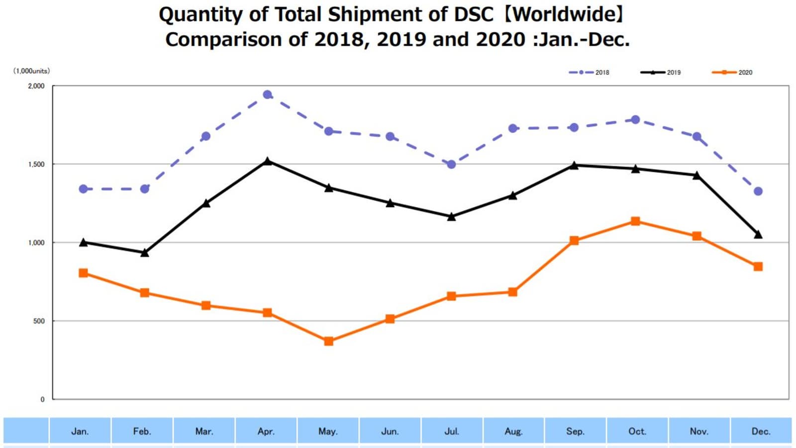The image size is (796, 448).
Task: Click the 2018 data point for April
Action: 267,95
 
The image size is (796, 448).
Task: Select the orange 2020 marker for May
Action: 328,341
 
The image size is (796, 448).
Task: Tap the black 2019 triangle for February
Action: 145,253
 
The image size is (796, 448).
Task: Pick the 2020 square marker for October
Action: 635,221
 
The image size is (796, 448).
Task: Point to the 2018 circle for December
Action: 758,191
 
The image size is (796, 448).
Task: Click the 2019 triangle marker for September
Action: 574,165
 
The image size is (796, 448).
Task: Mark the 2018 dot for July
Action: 451,164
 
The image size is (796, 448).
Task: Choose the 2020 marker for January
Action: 84,273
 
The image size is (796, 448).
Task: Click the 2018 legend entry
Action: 590,72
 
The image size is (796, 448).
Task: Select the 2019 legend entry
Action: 661,72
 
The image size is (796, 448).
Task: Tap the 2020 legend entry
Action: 732,72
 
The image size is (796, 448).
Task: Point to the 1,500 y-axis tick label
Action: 36,164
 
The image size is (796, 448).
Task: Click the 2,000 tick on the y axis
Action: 36,86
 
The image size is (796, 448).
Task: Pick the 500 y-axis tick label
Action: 39,321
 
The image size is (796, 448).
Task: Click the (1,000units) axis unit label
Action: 31,71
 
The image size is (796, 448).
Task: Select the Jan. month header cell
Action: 80,431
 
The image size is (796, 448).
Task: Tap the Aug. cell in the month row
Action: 513,431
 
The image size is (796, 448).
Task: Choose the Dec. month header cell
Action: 761,431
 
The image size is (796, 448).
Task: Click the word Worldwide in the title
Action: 565,14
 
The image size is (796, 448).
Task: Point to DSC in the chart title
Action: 473,14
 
